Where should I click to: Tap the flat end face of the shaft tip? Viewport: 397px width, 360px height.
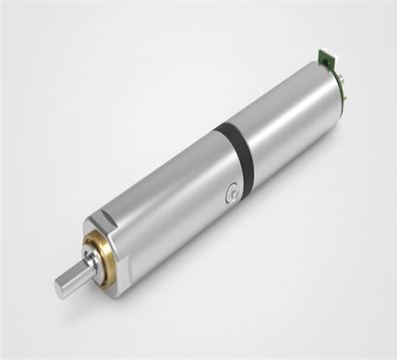tap(62, 287)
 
